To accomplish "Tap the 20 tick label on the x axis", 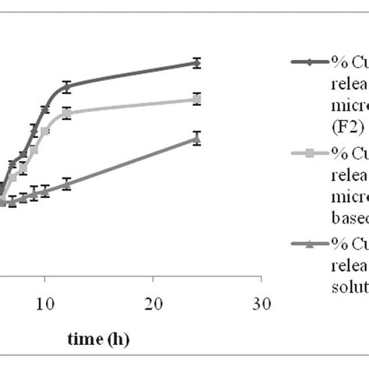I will [153, 302].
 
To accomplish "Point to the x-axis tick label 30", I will [262, 302].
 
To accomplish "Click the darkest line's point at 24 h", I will [197, 63].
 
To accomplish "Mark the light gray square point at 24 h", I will [197, 99].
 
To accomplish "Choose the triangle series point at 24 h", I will [197, 139].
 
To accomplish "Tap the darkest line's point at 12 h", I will [67, 86].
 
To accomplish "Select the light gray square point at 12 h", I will [67, 114].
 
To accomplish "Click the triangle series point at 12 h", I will [67, 184].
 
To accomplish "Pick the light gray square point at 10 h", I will [45, 132].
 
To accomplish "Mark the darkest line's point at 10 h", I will [45, 109].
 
